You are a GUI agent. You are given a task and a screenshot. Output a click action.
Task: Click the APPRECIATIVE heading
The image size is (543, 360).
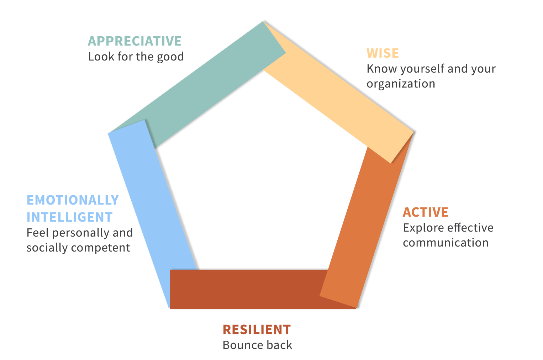click(135, 41)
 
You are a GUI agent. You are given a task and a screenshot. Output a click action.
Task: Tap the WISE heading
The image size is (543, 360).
click(383, 53)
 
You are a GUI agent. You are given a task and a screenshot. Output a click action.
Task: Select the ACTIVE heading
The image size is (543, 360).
click(426, 212)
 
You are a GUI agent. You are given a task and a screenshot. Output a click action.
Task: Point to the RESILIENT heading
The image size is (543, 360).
click(257, 329)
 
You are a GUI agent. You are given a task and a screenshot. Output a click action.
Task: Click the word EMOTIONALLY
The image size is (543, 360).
click(73, 200)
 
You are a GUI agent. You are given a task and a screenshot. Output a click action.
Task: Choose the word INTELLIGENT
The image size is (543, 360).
click(70, 217)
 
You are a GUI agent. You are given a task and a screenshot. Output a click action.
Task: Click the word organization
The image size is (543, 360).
click(401, 84)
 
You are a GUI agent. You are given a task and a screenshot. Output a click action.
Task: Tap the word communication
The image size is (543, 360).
click(446, 243)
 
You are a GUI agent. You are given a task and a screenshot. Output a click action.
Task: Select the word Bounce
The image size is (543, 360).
click(239, 345)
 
